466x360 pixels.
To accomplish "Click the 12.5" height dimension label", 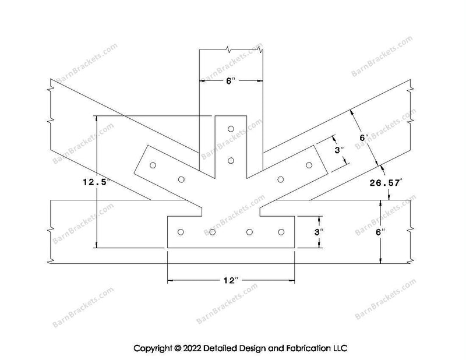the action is pos(97,182).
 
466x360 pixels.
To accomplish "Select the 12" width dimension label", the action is pos(231,280).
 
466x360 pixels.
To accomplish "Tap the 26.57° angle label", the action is pos(386,182).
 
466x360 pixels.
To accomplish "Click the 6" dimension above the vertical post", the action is pos(231,81).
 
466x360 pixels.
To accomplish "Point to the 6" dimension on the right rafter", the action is pos(364,137).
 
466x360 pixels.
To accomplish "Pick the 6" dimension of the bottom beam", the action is pos(380,232).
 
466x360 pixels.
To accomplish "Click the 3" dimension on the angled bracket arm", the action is pos(339,150).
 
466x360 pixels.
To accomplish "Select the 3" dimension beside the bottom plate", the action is pos(319,232).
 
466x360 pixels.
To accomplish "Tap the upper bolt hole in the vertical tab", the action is pos(231,129).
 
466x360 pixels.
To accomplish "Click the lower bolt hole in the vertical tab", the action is pos(231,161).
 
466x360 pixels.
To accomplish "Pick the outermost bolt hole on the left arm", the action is pos(153,165).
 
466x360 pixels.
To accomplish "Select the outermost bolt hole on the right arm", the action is pos(309,165).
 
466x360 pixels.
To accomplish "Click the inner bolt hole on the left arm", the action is pos(181,179).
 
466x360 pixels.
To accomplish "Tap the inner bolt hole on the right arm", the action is pos(280,179).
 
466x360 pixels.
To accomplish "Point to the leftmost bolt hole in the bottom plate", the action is pos(181,232).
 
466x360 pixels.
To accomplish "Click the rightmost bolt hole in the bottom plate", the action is pos(281,232).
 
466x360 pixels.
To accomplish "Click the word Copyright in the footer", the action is pos(153,348).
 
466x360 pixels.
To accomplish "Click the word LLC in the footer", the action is pos(340,348).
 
